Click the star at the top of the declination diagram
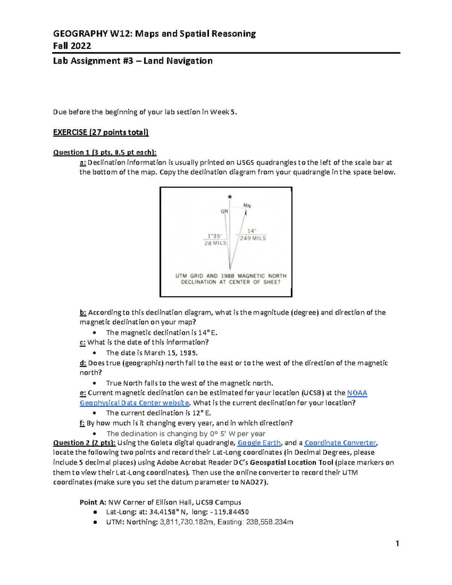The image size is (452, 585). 230,197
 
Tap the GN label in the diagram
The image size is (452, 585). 224,211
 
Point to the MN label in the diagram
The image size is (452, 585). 247,206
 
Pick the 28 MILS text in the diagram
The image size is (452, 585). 215,243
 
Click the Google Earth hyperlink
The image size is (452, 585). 259,443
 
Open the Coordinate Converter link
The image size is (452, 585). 340,443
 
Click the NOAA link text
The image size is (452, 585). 357,393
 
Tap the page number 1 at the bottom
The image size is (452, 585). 397,544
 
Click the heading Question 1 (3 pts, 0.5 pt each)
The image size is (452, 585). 105,152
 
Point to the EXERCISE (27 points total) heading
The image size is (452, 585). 101,132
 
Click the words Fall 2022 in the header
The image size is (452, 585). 72,46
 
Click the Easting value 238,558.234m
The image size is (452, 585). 270,522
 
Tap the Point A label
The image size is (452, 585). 93,502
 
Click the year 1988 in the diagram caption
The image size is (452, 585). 228,276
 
